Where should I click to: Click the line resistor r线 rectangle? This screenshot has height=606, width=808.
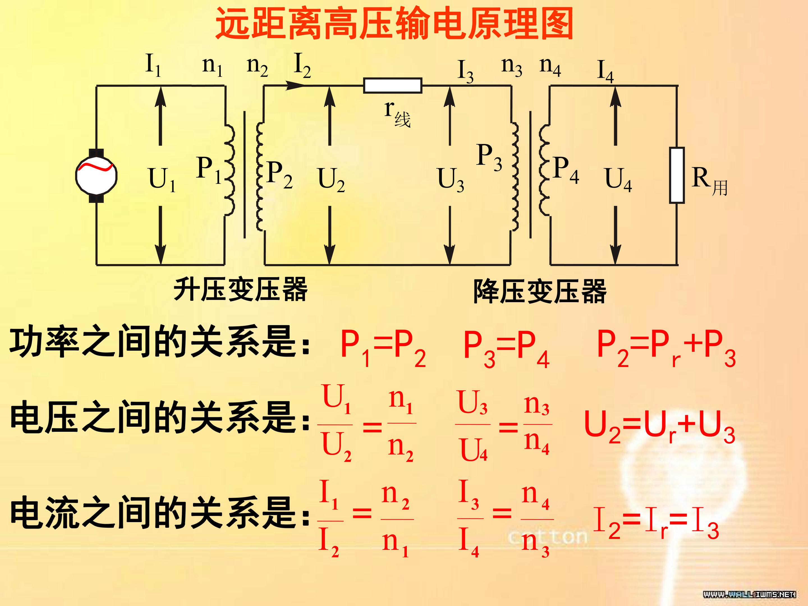click(x=393, y=86)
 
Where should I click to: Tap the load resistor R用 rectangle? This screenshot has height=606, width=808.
click(x=677, y=175)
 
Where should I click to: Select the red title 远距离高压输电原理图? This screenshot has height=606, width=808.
click(x=394, y=24)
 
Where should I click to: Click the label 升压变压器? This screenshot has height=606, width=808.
click(x=240, y=289)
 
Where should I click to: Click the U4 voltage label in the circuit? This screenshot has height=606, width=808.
click(x=618, y=180)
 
